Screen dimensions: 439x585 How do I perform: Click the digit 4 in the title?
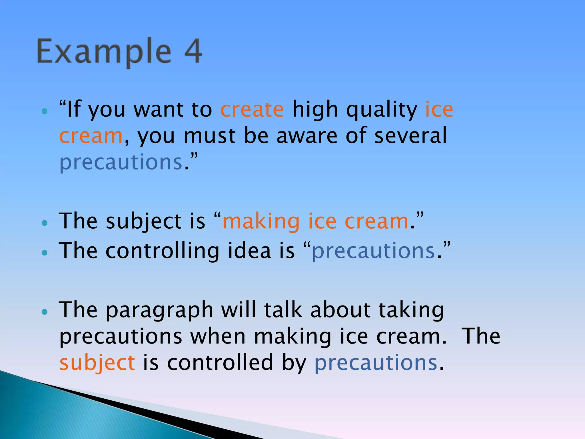[x=193, y=51]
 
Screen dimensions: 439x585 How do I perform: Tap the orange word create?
[x=252, y=109]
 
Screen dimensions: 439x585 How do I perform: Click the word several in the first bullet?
[x=410, y=135]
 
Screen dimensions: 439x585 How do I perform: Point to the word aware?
[x=307, y=136]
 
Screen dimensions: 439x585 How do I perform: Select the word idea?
[x=249, y=251]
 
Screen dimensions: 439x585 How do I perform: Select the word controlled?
[x=220, y=363]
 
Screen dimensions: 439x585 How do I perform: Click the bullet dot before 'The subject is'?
[x=44, y=223]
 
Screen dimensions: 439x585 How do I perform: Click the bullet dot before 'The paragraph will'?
[x=44, y=312]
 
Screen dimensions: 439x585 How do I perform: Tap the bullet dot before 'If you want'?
[x=44, y=111]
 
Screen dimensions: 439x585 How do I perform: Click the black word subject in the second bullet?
[x=144, y=222]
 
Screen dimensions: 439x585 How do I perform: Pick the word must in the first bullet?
[x=209, y=136]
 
